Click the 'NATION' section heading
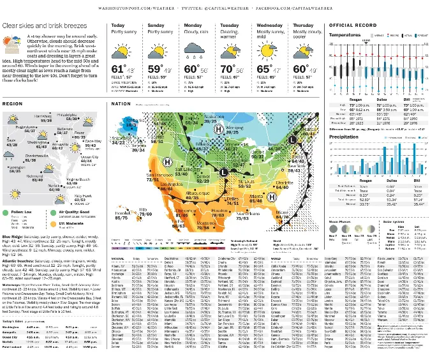(x=121, y=103)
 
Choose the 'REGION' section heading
(x=13, y=103)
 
